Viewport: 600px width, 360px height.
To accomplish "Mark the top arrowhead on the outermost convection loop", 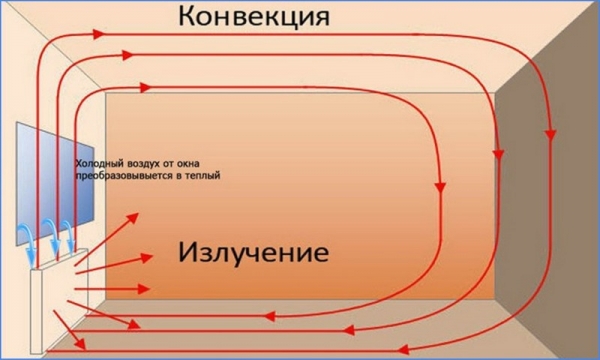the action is pyautogui.click(x=99, y=33).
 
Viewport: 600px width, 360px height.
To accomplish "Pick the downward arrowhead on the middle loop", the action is pyautogui.click(x=496, y=153).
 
